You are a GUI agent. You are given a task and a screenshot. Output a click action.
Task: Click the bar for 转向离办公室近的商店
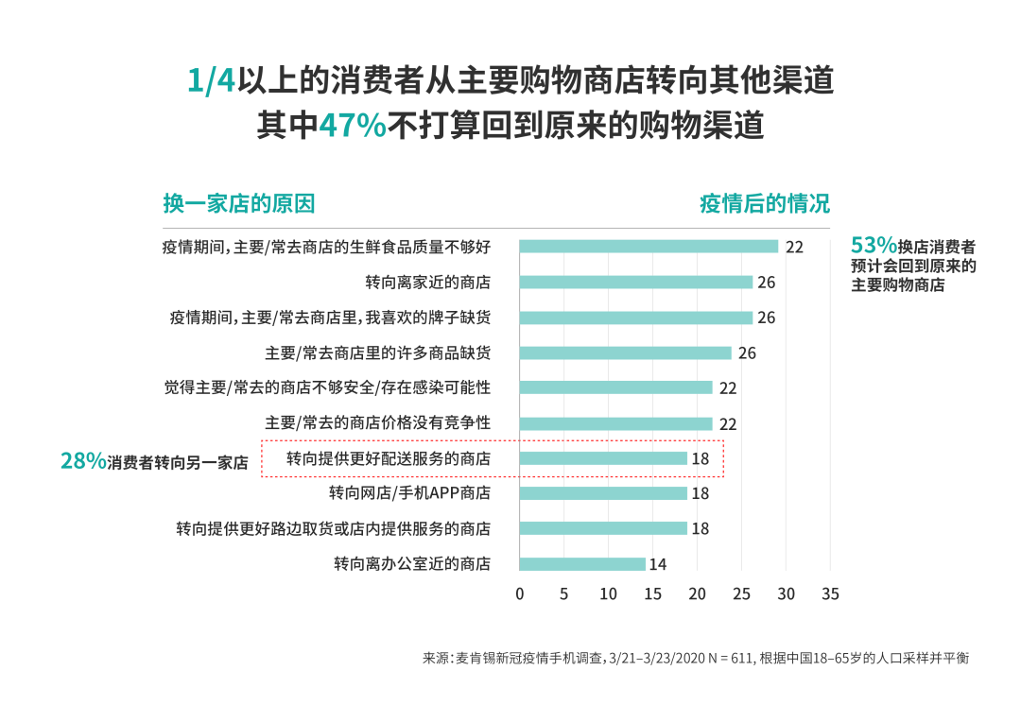(x=582, y=564)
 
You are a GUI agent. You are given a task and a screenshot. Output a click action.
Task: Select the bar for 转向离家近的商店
(x=636, y=282)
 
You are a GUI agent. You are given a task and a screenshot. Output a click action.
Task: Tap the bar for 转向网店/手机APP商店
(x=603, y=493)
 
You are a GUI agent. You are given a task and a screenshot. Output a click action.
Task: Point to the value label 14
(x=658, y=565)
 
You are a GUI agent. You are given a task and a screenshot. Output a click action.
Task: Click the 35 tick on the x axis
(x=830, y=594)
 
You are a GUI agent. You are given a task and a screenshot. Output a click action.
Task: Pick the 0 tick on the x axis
(x=520, y=594)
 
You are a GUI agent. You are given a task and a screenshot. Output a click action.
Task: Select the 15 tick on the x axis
(x=653, y=594)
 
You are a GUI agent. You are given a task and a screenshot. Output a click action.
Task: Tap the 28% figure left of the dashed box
(x=83, y=461)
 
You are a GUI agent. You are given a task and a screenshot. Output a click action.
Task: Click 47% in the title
(x=353, y=126)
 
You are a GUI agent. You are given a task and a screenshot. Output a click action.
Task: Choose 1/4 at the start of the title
(x=211, y=80)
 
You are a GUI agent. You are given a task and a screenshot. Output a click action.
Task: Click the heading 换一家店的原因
(x=238, y=203)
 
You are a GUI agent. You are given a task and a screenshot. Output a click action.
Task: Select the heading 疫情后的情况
(x=764, y=203)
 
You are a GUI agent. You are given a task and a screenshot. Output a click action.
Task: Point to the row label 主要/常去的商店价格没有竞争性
(x=377, y=422)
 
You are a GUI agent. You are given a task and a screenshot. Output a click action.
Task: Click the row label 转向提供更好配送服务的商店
(x=389, y=458)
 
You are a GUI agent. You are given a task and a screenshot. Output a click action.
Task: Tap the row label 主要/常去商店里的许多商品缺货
(x=377, y=352)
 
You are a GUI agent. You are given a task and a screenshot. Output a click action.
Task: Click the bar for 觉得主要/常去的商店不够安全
(x=615, y=387)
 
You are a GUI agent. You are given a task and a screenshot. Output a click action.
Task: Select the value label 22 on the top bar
(x=794, y=247)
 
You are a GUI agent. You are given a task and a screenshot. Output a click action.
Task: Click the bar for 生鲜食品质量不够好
(x=649, y=247)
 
